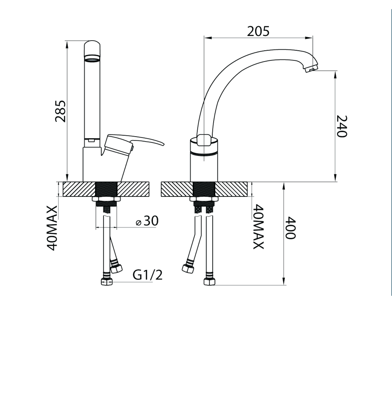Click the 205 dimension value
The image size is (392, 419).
click(x=258, y=31)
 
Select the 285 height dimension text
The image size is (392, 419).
click(x=60, y=111)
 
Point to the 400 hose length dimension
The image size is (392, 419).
click(x=291, y=228)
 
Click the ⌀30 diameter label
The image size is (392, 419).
click(x=147, y=221)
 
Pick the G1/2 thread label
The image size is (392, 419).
click(x=148, y=275)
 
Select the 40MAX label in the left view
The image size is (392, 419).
click(x=52, y=228)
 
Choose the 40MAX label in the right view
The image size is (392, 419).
click(x=258, y=227)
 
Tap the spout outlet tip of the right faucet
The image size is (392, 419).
click(x=311, y=68)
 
